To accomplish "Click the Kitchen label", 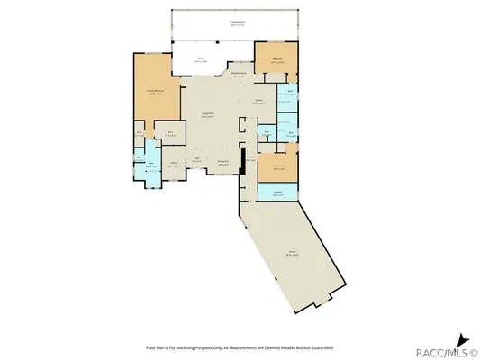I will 258,103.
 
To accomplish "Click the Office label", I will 173,165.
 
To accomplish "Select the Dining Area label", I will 222,162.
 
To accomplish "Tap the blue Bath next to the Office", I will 149,167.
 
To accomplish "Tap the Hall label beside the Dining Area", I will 252,161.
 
